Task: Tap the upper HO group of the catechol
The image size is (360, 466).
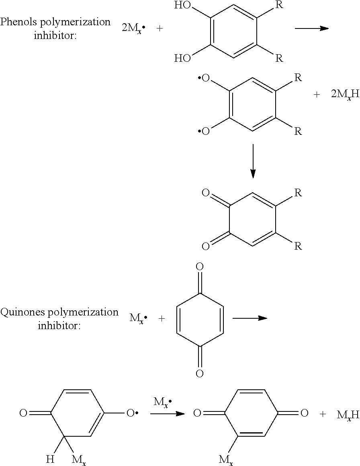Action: pyautogui.click(x=182, y=6)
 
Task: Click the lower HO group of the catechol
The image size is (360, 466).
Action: pyautogui.click(x=182, y=59)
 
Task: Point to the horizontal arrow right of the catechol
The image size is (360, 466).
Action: pyautogui.click(x=311, y=28)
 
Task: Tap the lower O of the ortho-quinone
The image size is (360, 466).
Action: pyautogui.click(x=205, y=246)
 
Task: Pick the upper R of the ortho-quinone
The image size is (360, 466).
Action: pyautogui.click(x=298, y=193)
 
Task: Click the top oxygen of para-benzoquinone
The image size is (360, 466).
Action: pyautogui.click(x=200, y=267)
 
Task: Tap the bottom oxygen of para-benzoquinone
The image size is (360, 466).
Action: pyautogui.click(x=200, y=374)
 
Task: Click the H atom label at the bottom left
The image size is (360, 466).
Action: pyautogui.click(x=50, y=459)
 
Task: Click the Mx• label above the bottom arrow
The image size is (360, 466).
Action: pyautogui.click(x=162, y=402)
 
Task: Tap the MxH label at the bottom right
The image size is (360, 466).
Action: pyautogui.click(x=348, y=415)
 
